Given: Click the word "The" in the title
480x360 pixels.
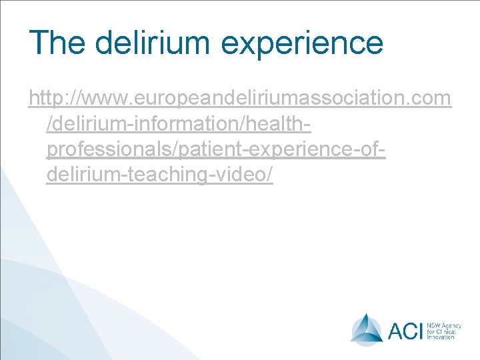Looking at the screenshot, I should click(x=57, y=42).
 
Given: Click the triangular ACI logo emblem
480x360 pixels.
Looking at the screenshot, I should click(x=367, y=329).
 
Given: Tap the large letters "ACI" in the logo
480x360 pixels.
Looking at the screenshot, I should click(x=404, y=329).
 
